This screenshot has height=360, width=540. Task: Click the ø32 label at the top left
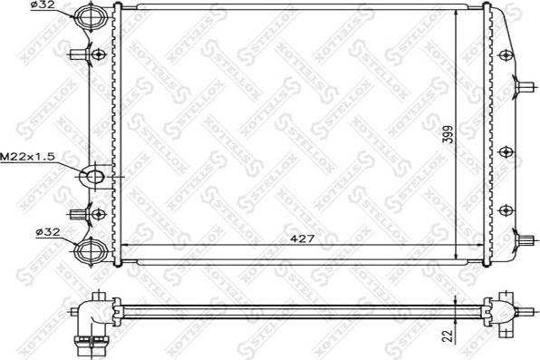(x=43, y=7)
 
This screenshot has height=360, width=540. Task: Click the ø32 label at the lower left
(x=46, y=232)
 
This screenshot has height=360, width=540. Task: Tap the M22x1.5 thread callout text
(x=28, y=157)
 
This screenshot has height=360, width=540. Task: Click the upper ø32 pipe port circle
(x=90, y=17)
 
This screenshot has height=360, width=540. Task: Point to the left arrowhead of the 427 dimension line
(x=124, y=245)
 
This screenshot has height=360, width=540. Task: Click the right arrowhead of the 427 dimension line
(x=475, y=245)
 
